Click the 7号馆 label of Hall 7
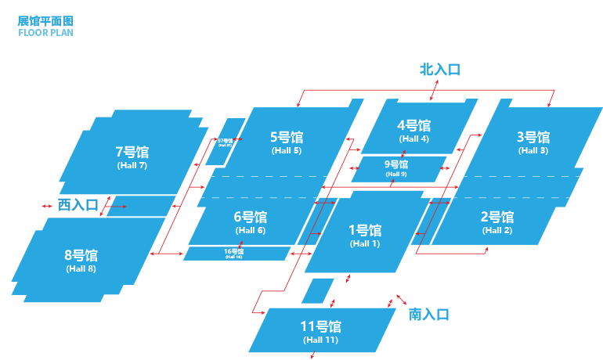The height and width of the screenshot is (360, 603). click(x=132, y=152)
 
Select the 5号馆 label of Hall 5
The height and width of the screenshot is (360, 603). click(x=286, y=137)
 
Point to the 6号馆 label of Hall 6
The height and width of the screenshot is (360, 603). click(x=250, y=217)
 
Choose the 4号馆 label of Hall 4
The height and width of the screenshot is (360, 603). click(x=413, y=125)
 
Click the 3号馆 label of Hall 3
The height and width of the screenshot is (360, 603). click(x=533, y=137)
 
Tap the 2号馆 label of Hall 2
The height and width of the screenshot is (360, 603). click(x=496, y=217)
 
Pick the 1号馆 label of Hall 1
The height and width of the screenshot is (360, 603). click(x=364, y=230)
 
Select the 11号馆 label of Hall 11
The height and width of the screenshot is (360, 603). click(x=320, y=326)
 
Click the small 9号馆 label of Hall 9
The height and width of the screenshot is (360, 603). click(x=396, y=164)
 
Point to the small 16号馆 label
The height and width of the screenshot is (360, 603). click(x=233, y=251)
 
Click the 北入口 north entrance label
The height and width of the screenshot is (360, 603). click(x=440, y=70)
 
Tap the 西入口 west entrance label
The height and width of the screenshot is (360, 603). click(x=78, y=205)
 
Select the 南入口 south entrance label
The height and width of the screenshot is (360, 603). click(x=429, y=315)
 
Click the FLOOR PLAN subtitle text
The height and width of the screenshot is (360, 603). click(x=45, y=33)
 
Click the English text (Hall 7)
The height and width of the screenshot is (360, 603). click(x=132, y=165)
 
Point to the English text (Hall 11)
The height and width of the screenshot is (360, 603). click(x=320, y=340)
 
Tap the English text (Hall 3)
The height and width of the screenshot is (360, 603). click(x=533, y=150)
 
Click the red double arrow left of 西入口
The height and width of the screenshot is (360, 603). click(x=47, y=206)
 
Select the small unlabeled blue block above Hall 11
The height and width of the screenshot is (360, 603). click(x=317, y=290)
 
